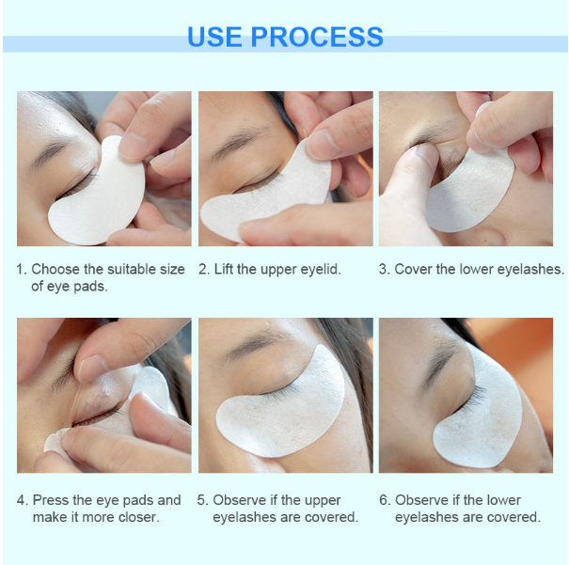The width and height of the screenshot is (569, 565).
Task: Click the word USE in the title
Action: point(214,37)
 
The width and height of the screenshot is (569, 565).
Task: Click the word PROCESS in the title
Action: point(317,37)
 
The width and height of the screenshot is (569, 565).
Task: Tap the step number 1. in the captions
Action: point(22,269)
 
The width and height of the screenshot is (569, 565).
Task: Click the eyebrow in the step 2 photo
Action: point(240,140)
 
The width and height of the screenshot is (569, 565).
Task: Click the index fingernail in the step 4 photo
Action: point(90,368)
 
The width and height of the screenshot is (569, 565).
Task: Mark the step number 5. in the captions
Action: point(202,500)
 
